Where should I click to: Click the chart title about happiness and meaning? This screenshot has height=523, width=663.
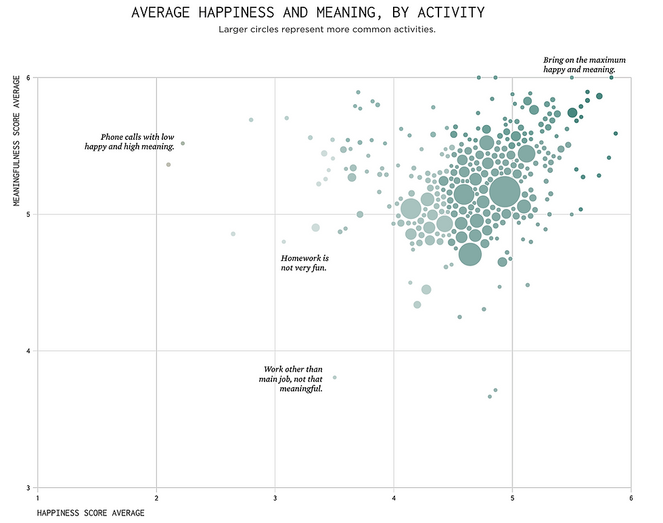tap(308, 13)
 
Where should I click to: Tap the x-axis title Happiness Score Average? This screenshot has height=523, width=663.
tap(91, 513)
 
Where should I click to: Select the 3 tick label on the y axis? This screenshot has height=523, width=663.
tap(29, 488)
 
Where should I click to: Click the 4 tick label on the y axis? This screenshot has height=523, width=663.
tap(29, 351)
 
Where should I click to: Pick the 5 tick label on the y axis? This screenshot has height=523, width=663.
tap(29, 215)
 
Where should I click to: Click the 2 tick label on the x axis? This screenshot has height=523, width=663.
tap(156, 498)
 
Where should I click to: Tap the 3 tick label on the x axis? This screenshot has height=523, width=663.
tap(275, 498)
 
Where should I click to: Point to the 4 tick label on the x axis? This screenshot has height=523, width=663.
tap(394, 498)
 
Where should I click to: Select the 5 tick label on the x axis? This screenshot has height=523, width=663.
tap(512, 498)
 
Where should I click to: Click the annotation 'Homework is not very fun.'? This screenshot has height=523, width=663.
tap(304, 263)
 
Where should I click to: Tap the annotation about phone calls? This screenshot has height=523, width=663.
tap(129, 141)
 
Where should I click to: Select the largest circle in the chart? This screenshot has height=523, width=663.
tap(505, 193)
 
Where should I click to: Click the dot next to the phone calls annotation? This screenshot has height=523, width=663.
tap(183, 143)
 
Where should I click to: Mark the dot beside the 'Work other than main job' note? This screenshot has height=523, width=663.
tap(335, 377)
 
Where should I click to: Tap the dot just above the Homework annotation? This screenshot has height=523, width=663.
tap(284, 241)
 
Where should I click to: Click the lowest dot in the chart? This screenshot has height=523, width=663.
tap(490, 397)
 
